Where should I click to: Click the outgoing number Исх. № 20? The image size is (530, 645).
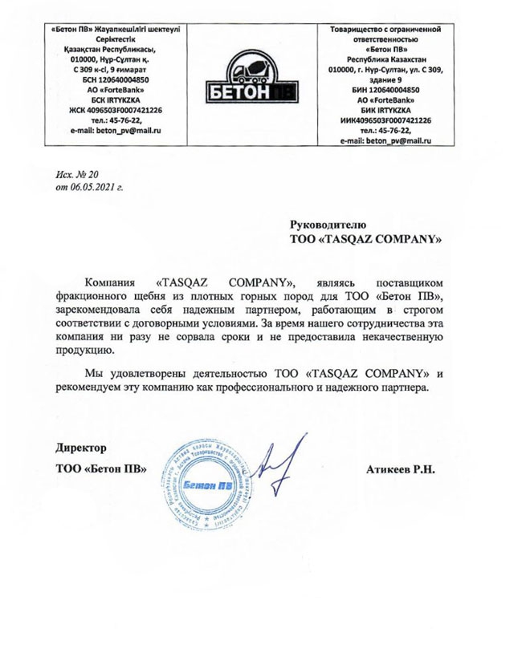[x=75, y=173]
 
